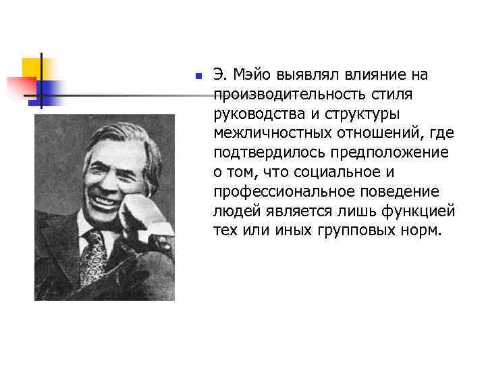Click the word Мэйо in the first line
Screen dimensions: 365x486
(253, 74)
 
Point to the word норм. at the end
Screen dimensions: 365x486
(423, 231)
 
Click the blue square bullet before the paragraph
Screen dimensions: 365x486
(197, 76)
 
